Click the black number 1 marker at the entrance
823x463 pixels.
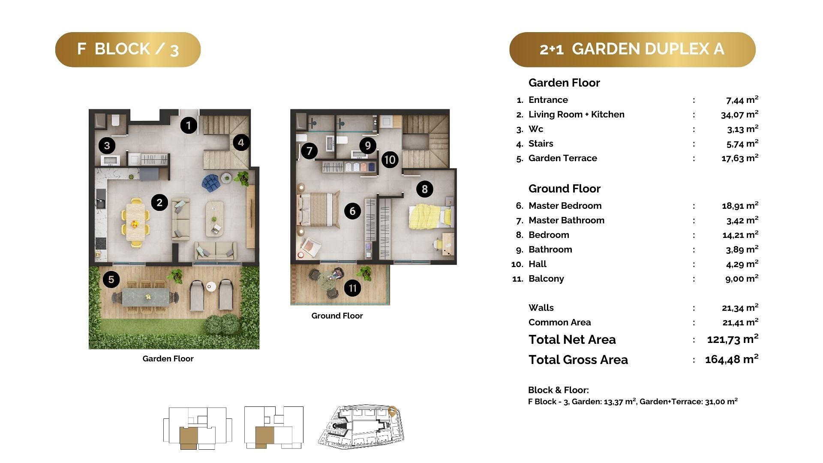click(189, 125)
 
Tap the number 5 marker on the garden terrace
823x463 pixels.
click(111, 280)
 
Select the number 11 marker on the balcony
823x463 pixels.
click(352, 288)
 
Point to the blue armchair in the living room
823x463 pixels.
click(211, 183)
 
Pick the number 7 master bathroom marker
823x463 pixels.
click(309, 150)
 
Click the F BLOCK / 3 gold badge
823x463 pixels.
click(128, 49)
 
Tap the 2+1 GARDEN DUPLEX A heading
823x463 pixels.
click(632, 49)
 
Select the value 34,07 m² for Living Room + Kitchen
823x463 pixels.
click(740, 114)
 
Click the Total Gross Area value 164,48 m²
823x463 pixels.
click(732, 359)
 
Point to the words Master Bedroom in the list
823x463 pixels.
click(565, 206)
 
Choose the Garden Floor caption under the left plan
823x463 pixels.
click(168, 359)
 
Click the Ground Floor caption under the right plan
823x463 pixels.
click(337, 316)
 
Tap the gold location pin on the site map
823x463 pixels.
click(392, 411)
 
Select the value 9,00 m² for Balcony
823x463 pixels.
click(742, 279)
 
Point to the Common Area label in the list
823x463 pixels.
click(559, 322)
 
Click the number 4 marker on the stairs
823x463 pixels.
click(241, 142)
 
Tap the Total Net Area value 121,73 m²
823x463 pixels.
click(733, 340)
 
